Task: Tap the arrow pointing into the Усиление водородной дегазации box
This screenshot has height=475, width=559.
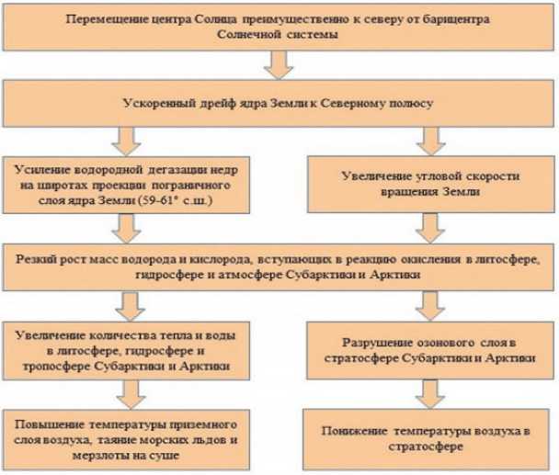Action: coord(126,141)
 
